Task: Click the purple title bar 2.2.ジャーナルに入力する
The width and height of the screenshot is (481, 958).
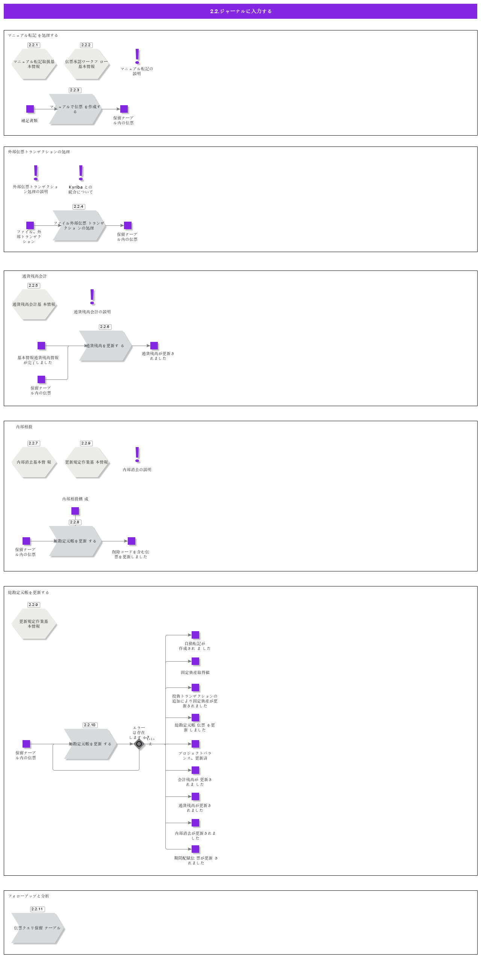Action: (240, 11)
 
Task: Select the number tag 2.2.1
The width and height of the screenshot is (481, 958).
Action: (33, 45)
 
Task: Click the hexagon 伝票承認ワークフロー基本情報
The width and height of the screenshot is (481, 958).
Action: (86, 64)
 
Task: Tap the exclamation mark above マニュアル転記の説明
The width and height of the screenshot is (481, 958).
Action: (137, 56)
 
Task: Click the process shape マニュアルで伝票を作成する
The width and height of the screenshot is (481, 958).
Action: (75, 109)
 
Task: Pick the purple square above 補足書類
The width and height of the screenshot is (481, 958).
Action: (30, 109)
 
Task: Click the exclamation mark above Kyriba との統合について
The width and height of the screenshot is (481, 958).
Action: (81, 173)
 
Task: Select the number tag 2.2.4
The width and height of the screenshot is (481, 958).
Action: (79, 207)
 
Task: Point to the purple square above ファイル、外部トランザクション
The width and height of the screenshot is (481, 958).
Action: (30, 225)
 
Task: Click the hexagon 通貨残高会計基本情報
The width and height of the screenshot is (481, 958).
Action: (34, 305)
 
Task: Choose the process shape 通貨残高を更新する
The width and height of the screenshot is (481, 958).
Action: (105, 346)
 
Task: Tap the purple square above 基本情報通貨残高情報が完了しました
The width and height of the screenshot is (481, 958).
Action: (41, 346)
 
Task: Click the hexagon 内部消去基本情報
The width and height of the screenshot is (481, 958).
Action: (34, 462)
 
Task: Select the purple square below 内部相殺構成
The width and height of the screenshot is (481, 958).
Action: (75, 511)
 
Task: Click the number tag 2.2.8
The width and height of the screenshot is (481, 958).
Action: (75, 522)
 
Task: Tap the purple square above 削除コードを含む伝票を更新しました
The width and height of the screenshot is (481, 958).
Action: (132, 541)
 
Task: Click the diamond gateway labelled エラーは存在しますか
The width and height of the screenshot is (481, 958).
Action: (139, 744)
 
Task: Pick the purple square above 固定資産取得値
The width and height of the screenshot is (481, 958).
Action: (195, 661)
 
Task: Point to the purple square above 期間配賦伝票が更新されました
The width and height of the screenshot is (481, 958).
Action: (195, 849)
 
